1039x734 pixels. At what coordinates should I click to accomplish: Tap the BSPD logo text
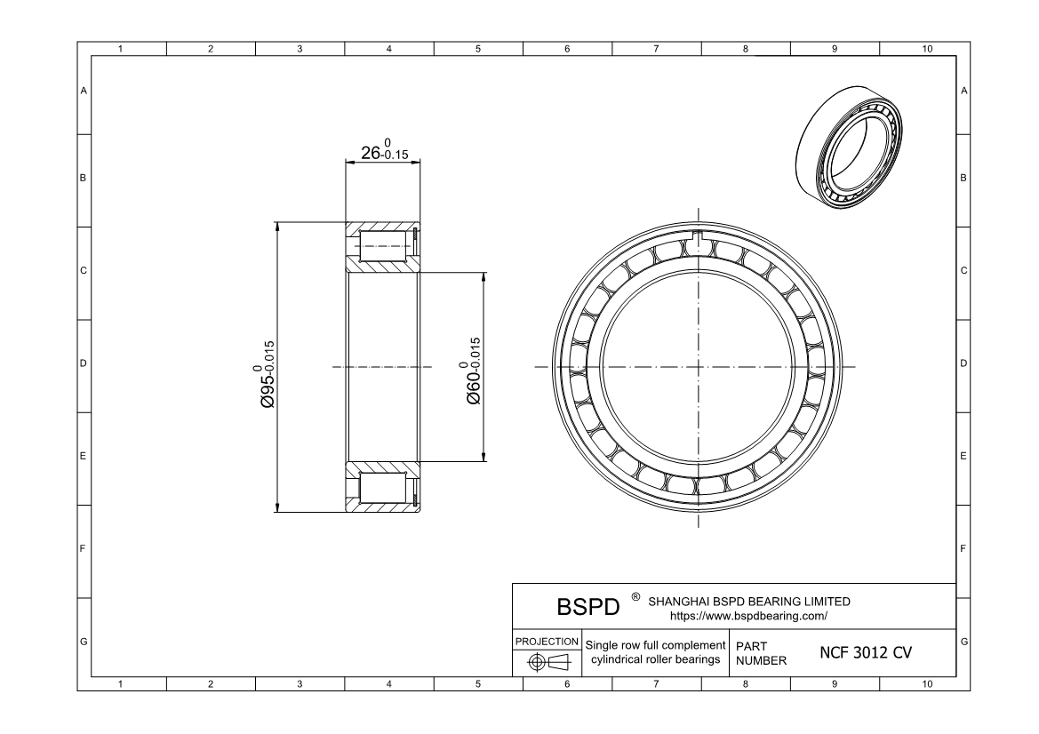(x=587, y=608)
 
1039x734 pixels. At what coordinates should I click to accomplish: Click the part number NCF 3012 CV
(x=865, y=653)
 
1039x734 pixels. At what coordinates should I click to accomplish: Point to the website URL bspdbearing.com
(x=748, y=615)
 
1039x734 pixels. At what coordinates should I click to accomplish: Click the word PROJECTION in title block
(x=547, y=641)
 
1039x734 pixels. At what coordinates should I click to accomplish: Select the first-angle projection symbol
(x=547, y=662)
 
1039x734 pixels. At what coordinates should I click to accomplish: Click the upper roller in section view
(x=384, y=245)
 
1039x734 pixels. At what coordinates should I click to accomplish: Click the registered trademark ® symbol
(x=635, y=597)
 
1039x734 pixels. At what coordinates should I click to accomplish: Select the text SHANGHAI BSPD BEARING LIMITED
(x=749, y=602)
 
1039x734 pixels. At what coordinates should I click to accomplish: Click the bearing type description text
(x=655, y=651)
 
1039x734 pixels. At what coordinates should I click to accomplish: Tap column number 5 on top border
(x=478, y=49)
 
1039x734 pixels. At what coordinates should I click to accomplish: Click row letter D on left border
(x=84, y=364)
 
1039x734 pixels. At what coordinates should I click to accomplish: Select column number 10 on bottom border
(x=926, y=683)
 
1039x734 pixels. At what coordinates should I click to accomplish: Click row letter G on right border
(x=963, y=642)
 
